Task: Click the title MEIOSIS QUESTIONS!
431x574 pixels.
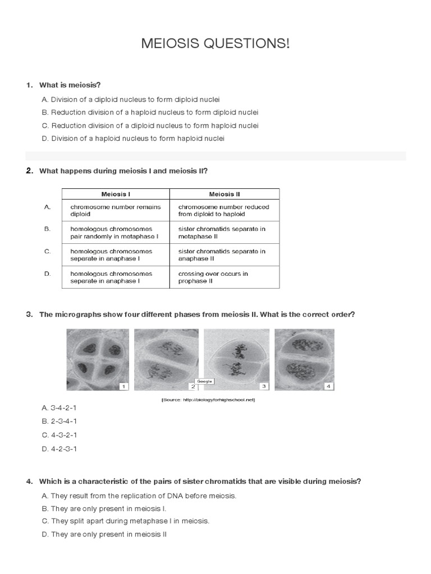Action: [x=215, y=44]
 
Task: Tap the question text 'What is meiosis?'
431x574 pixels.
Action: [x=70, y=85]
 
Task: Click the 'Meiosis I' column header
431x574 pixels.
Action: [x=116, y=194]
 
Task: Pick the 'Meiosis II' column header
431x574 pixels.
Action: [x=224, y=194]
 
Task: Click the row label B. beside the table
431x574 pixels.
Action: [x=47, y=229]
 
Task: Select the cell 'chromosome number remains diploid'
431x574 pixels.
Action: [x=115, y=210]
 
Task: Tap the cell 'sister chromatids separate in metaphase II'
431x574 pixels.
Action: [x=222, y=233]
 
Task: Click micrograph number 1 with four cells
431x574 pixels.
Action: [x=98, y=359]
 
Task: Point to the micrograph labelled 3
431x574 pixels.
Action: [x=236, y=359]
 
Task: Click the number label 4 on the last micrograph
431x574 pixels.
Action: [x=329, y=386]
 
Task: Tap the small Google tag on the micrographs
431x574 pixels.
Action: [x=204, y=381]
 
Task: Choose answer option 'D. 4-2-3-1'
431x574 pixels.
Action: [x=59, y=448]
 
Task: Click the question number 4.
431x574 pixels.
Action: [x=29, y=482]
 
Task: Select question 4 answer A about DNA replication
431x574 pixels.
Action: [x=139, y=496]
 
